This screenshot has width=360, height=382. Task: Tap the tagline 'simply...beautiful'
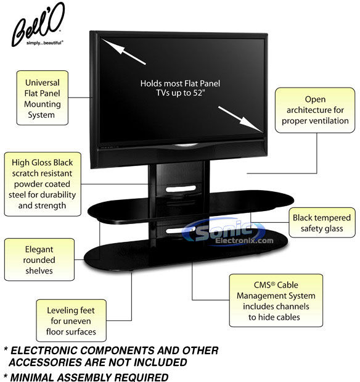click(45, 43)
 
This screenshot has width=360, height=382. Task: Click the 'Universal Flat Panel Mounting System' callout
click(43, 98)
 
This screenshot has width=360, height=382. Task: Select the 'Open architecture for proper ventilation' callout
click(315, 110)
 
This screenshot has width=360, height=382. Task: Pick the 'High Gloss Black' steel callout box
click(43, 184)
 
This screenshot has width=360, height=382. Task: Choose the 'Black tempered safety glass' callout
click(322, 223)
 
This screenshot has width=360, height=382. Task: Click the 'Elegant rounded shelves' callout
click(39, 260)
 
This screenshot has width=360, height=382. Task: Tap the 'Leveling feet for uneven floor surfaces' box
click(71, 321)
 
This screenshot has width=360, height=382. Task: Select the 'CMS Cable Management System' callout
click(276, 301)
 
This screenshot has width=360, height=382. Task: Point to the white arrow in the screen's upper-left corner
click(123, 51)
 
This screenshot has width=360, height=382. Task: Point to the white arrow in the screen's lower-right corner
click(240, 119)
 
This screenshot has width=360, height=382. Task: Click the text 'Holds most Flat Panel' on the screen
click(180, 83)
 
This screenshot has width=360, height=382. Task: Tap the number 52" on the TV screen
click(198, 93)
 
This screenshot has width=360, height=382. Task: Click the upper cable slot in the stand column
click(181, 189)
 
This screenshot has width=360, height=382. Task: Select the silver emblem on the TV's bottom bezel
click(186, 146)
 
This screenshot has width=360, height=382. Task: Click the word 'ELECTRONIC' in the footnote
click(44, 351)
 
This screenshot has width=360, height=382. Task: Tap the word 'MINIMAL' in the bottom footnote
click(32, 377)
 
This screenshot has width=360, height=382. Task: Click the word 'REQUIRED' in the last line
click(141, 377)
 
